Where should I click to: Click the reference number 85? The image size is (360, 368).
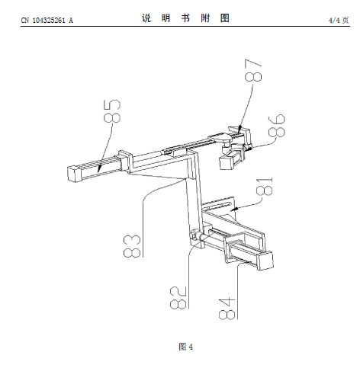coord(112,111)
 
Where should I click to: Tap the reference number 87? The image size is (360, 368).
coord(253,70)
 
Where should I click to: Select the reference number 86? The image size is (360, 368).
coord(277,126)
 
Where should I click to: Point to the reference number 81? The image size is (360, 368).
coord(265,186)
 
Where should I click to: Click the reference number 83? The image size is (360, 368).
coord(132,246)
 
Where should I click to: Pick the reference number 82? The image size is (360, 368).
coord(178,298)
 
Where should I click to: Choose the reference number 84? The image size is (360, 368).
coord(227,308)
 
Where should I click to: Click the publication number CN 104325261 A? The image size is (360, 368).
coord(47,21)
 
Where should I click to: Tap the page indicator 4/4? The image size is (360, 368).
coord(334,21)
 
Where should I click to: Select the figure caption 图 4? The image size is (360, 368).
coord(186,347)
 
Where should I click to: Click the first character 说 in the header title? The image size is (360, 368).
coord(146,18)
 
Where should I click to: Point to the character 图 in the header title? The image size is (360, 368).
coord(225,18)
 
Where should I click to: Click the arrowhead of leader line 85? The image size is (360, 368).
coord(99,169)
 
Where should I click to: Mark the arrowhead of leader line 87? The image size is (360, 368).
coord(239,130)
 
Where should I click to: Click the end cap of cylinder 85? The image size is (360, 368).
coord(73,174)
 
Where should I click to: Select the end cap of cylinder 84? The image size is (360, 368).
coord(265,261)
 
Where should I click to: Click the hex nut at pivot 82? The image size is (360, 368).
coord(194,234)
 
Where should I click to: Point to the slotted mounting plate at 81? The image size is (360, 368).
coord(219,205)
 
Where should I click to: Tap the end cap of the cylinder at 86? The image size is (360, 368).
coord(226,162)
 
